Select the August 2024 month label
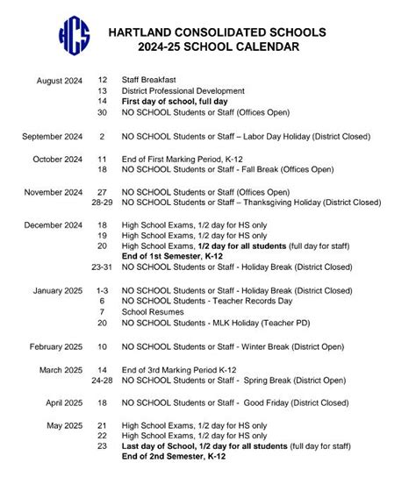click(60, 81)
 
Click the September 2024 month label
click(54, 137)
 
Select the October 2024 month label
click(58, 160)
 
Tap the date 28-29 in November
click(101, 203)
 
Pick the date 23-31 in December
click(101, 268)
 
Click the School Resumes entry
click(153, 312)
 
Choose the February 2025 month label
click(56, 346)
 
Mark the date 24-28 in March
click(101, 381)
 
